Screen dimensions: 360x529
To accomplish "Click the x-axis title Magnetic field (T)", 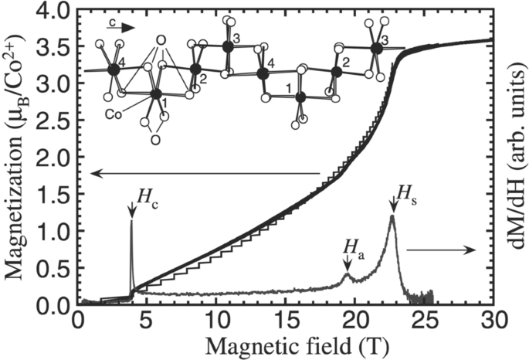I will tap(282, 345).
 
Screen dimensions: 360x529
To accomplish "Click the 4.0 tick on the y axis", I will tap(56, 11).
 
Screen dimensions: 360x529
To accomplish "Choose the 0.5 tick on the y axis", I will tap(56, 268).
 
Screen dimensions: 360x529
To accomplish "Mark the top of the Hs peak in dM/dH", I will tap(392, 216).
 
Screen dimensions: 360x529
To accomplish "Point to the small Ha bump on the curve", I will tap(347, 273).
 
